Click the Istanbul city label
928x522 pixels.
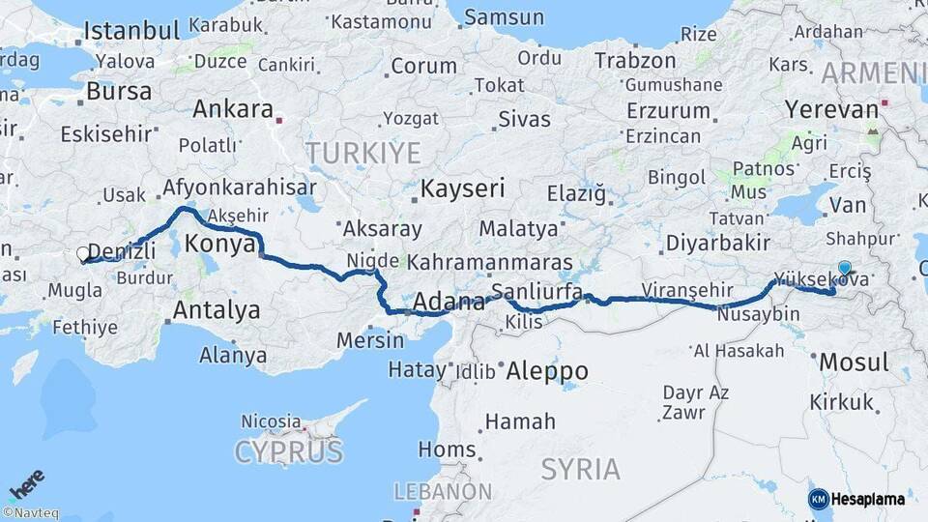132,30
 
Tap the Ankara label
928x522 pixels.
232,108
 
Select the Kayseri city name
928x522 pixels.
462,188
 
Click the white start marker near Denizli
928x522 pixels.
83,255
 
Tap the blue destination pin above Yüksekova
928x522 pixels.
845,269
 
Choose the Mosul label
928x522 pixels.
853,362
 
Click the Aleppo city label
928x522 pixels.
546,370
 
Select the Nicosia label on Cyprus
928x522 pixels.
271,421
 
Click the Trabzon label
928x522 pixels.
635,61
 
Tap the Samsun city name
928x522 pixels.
504,17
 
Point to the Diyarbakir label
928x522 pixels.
718,243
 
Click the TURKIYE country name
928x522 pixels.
362,152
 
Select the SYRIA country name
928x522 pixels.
580,470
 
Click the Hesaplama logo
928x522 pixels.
856,499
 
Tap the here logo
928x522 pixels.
26,483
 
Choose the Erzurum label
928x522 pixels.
668,109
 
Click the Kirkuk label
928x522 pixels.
841,400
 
